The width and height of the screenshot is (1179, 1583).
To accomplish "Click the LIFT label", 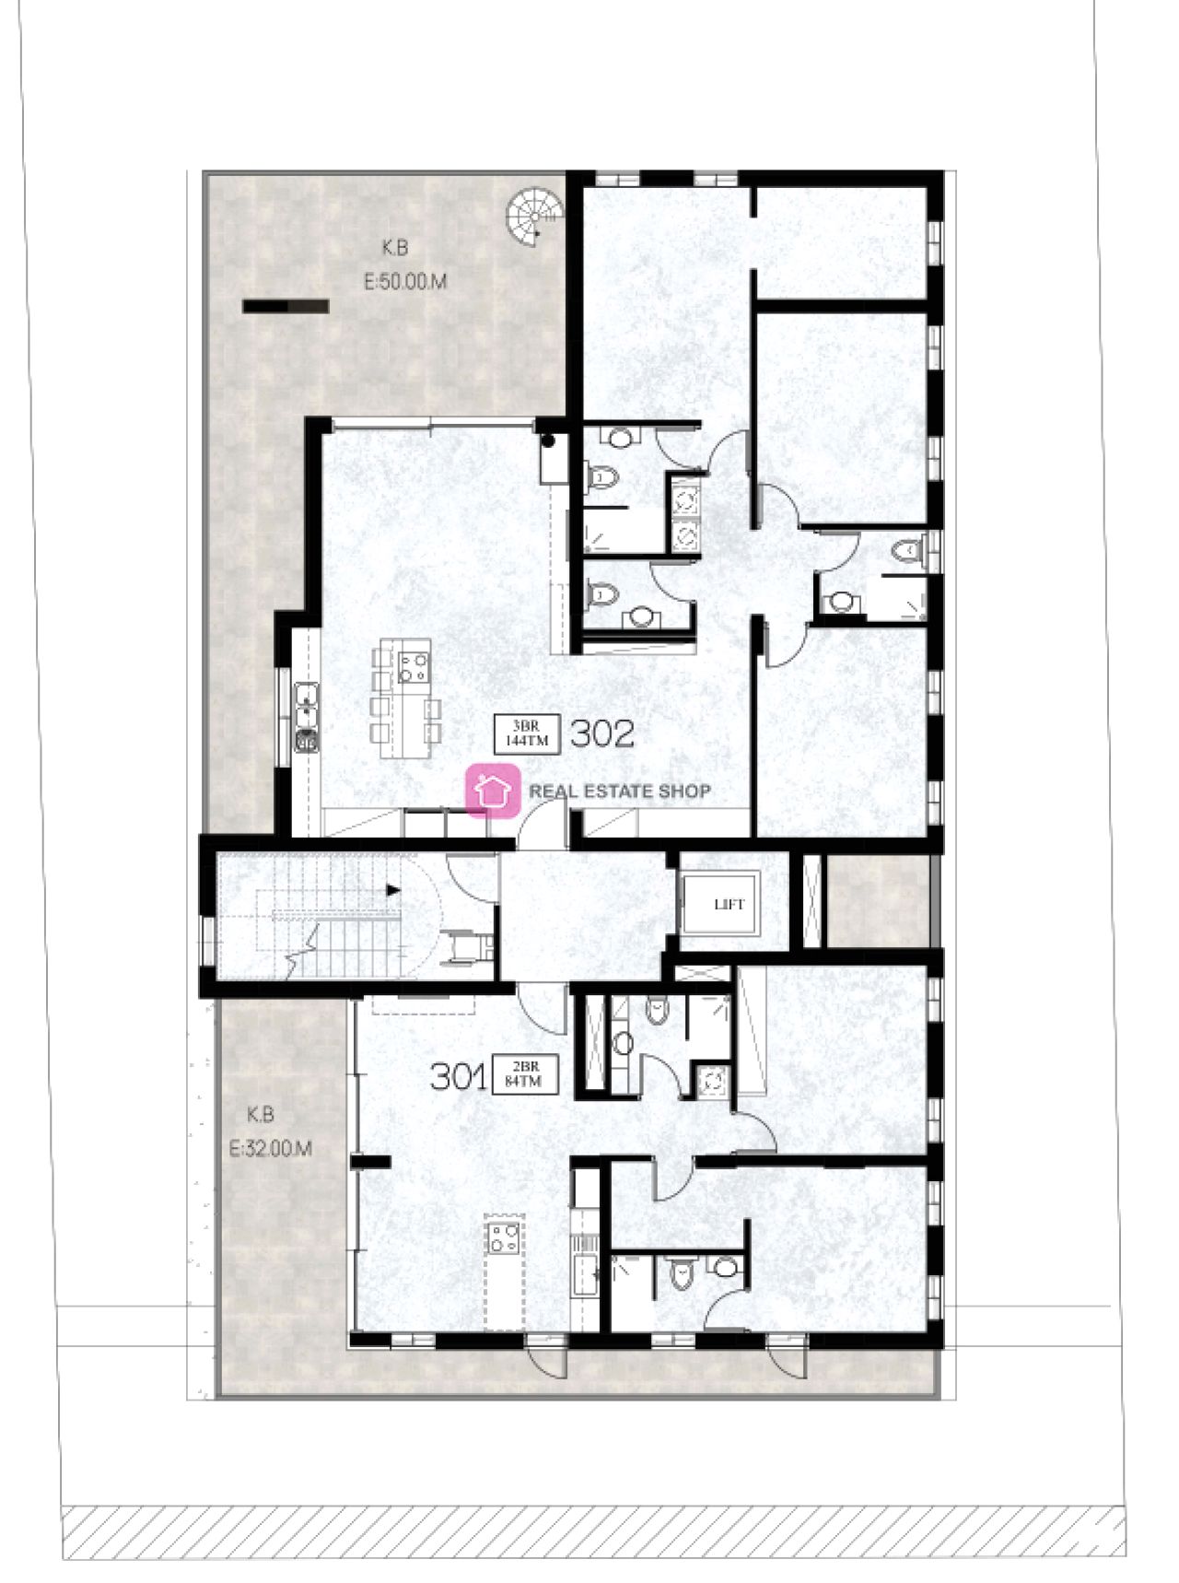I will pos(728,904).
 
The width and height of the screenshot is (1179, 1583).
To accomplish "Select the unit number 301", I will pos(458,1076).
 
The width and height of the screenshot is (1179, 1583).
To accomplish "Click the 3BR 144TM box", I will pos(525,734).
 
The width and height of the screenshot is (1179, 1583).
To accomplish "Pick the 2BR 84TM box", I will pos(524,1075).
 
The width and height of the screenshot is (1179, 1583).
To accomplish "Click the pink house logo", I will pos(493,791).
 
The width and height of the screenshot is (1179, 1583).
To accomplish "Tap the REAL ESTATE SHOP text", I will pos(619,791).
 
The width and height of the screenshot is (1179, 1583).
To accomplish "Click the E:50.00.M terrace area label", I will pos(405,282).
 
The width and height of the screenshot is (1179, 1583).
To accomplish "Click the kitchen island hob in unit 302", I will pos(414,666).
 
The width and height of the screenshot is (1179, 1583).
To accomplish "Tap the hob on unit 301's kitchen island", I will pos(504,1237).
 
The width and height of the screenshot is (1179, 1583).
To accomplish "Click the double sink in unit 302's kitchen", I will pos(306,707).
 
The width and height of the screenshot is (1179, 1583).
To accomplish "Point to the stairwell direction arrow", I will pos(393,891).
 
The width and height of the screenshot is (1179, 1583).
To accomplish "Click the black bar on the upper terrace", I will pos(286,307).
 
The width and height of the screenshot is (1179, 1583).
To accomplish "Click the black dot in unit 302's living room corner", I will pos(549,440).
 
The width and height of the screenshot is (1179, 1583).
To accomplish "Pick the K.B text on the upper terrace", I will pos(395,248).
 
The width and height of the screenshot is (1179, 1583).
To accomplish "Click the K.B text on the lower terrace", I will pos(261,1115).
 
